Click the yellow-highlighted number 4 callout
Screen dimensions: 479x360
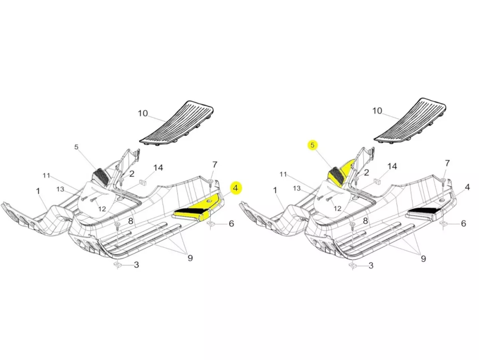click(x=236, y=188)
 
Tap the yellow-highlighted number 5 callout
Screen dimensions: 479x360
click(x=313, y=145)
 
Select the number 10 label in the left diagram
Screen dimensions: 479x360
click(x=143, y=113)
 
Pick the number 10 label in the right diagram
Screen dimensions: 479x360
click(x=377, y=111)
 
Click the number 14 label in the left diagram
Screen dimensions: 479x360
click(x=158, y=168)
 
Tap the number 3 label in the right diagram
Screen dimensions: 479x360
click(x=371, y=265)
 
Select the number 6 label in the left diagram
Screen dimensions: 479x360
click(x=231, y=223)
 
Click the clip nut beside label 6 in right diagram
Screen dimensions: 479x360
click(x=443, y=223)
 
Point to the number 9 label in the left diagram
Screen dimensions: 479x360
click(x=190, y=258)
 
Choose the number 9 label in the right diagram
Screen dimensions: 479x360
click(x=423, y=259)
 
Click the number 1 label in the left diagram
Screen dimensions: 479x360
click(x=38, y=191)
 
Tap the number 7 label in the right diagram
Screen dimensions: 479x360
click(x=447, y=163)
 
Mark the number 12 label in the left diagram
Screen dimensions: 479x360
click(x=102, y=209)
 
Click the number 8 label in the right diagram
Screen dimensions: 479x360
click(x=365, y=221)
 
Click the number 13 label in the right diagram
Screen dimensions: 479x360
click(x=297, y=188)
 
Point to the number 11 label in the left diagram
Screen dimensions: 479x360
click(x=46, y=175)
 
